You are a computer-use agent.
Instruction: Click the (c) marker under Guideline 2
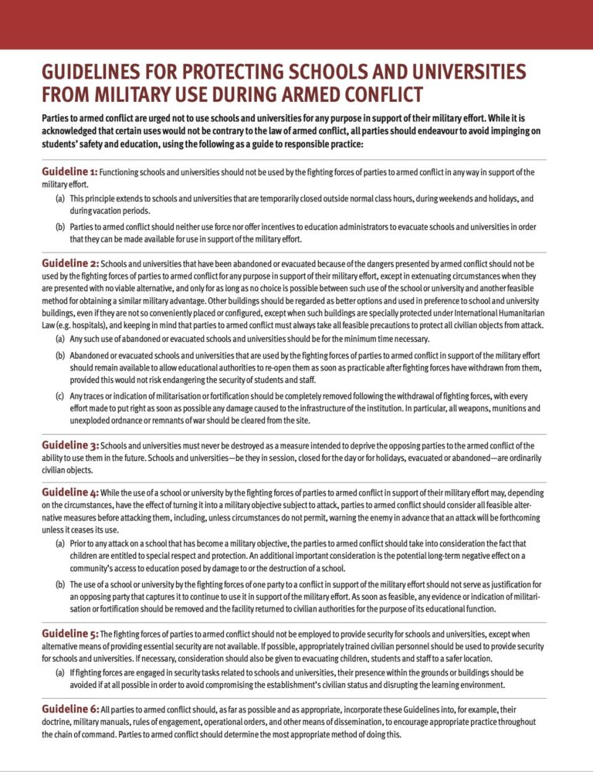[59, 396]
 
